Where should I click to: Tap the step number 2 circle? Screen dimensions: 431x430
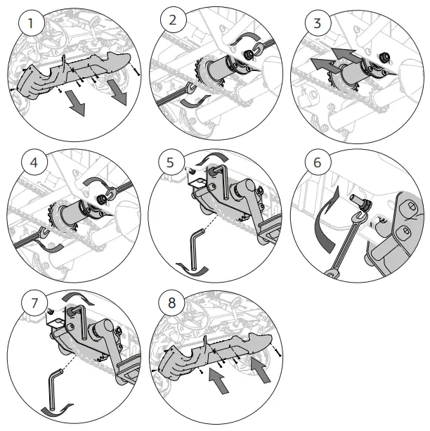(173, 20)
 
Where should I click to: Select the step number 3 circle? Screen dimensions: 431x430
(318, 22)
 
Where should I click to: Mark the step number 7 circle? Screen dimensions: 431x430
(30, 304)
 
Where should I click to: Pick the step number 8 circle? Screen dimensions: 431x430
(173, 304)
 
